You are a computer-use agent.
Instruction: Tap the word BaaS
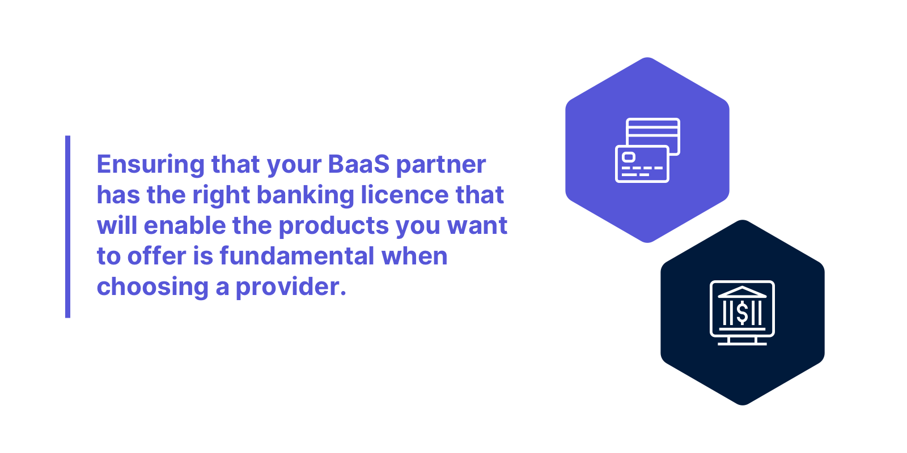[359, 165]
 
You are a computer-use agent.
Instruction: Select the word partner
[440, 165]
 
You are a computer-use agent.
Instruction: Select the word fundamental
[297, 257]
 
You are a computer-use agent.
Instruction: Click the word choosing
[152, 287]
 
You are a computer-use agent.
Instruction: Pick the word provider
[290, 287]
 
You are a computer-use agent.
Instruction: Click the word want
[477, 226]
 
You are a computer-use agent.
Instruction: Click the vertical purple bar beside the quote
[68, 226]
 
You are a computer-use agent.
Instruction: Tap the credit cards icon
[647, 150]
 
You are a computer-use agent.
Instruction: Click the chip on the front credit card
[629, 157]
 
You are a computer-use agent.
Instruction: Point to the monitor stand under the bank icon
[742, 341]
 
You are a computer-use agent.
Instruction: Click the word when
[414, 257]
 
